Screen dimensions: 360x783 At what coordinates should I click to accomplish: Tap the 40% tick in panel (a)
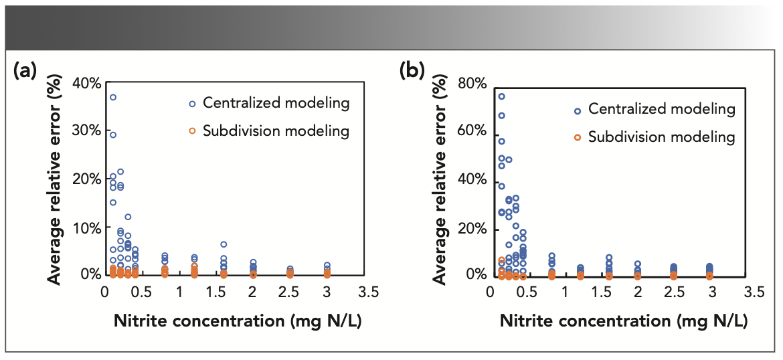pyautogui.click(x=87, y=83)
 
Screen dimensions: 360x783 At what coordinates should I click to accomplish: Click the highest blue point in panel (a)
pyautogui.click(x=113, y=97)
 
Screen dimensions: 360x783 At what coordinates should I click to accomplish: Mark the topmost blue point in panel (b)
pyautogui.click(x=501, y=96)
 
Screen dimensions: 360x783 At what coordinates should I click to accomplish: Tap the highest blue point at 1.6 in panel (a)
pyautogui.click(x=224, y=244)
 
